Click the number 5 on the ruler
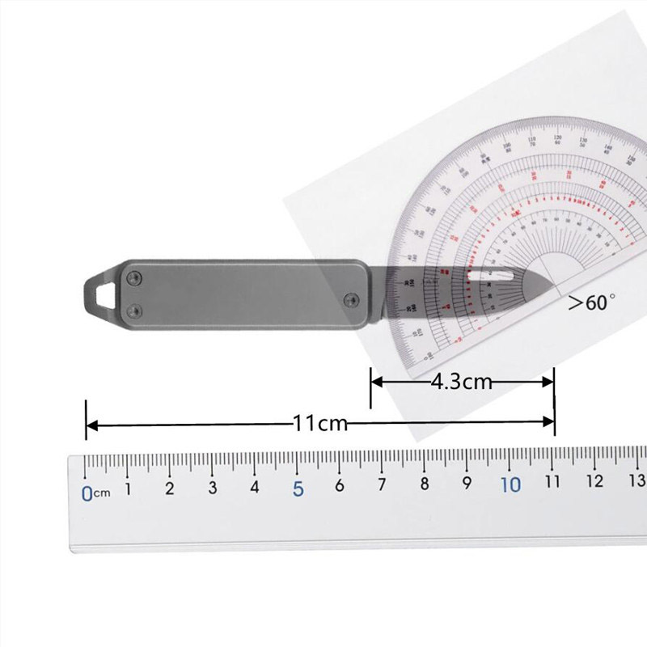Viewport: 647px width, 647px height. (x=298, y=489)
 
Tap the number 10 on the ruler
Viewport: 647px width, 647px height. (x=510, y=485)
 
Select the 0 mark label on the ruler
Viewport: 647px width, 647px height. (x=87, y=493)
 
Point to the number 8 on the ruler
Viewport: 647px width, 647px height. (x=425, y=485)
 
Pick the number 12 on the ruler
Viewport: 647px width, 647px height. (x=594, y=482)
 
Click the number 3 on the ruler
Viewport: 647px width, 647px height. (x=213, y=488)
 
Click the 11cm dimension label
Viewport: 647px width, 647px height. (x=319, y=423)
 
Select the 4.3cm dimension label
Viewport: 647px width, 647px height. (x=462, y=381)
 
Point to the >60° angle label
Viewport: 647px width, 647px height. (x=591, y=303)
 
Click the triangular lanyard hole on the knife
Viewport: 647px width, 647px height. (x=102, y=291)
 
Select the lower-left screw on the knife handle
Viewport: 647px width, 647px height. (x=136, y=308)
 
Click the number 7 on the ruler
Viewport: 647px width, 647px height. (x=382, y=486)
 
